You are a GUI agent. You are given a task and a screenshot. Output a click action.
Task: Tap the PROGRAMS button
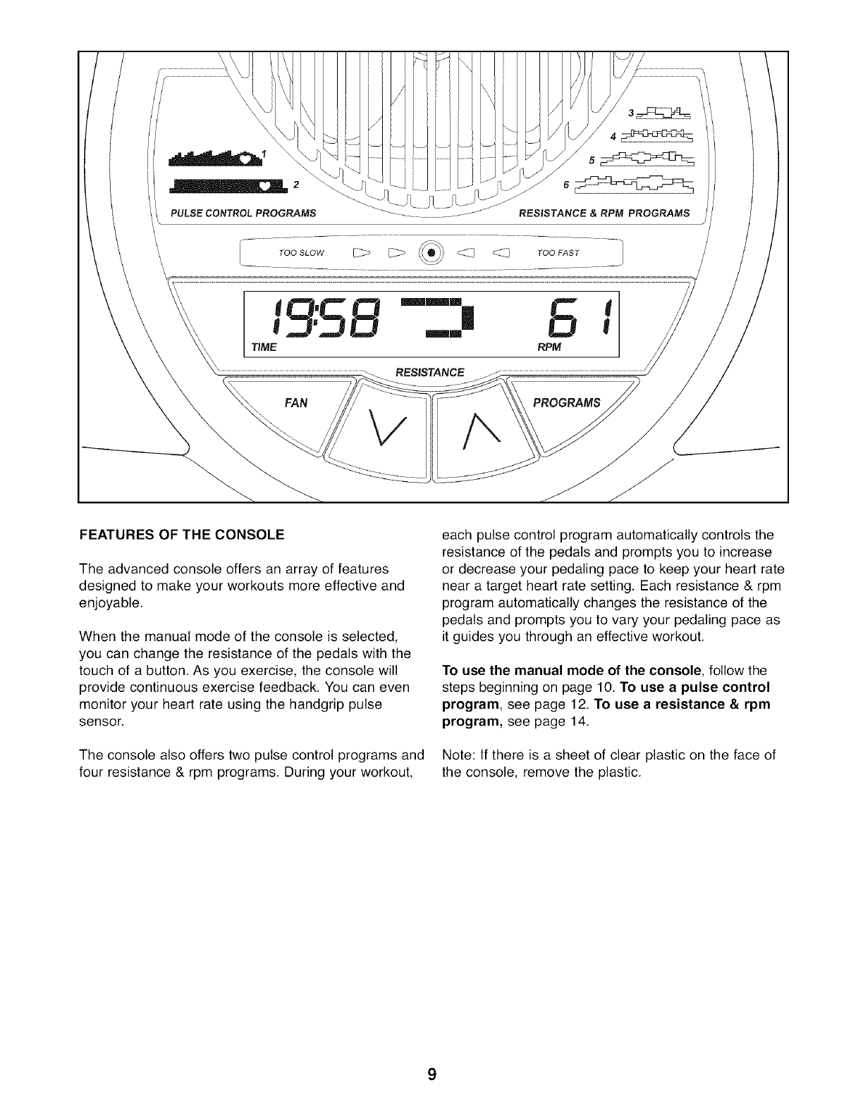[x=566, y=404]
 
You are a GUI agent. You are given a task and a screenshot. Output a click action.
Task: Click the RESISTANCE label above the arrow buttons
[x=430, y=372]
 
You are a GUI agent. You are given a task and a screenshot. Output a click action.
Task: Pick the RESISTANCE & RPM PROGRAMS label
[x=604, y=213]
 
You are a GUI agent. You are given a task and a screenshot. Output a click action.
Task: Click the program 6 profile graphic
[x=634, y=185]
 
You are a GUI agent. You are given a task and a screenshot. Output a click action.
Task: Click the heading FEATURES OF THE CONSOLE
[x=182, y=535]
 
